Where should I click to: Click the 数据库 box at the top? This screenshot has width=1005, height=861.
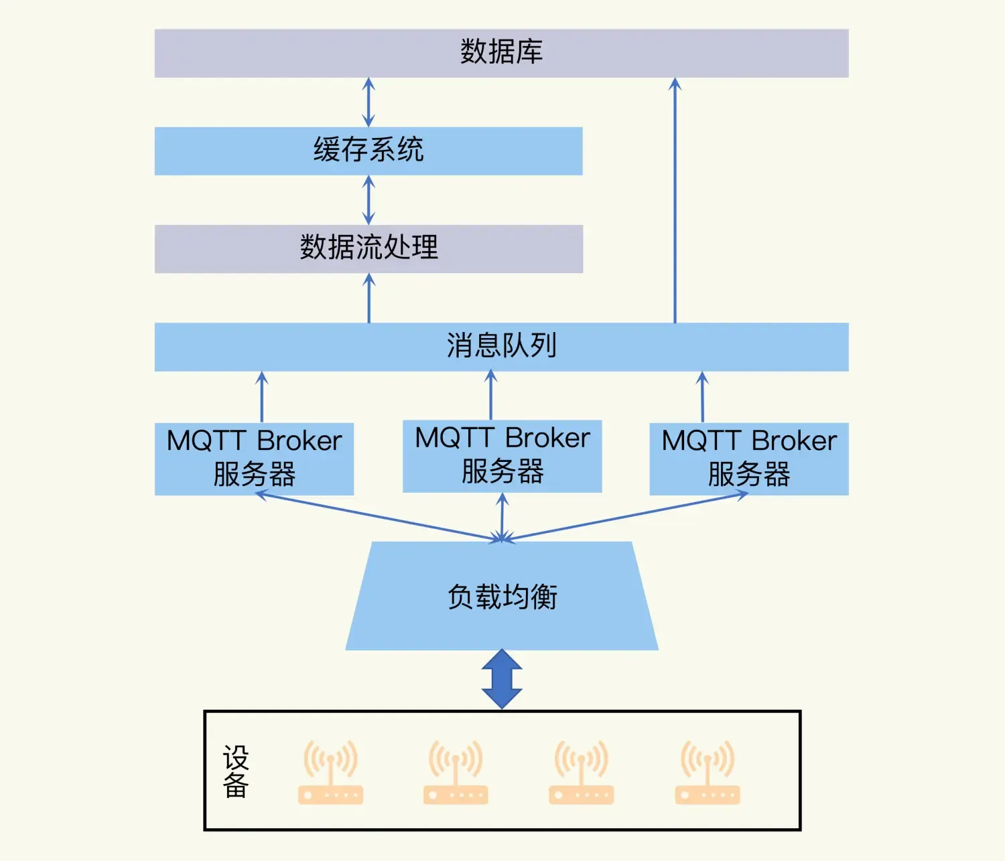click(501, 53)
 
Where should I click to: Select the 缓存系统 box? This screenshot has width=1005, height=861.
click(368, 151)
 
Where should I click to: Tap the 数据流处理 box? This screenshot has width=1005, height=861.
click(368, 248)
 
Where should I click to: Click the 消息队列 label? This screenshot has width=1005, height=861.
click(501, 346)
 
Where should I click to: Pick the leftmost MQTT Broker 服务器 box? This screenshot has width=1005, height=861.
click(254, 459)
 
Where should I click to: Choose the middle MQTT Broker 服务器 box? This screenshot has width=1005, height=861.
click(502, 456)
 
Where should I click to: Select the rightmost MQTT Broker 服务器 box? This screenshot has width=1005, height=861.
click(749, 459)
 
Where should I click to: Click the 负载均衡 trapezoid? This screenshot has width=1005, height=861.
click(502, 596)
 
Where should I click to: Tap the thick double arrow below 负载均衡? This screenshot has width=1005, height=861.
click(502, 679)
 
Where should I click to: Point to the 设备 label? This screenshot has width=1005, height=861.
click(236, 771)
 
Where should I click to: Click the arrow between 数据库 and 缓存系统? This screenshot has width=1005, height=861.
click(368, 102)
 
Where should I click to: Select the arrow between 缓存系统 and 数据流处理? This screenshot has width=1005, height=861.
click(368, 200)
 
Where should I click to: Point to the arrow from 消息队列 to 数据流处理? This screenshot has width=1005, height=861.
click(369, 299)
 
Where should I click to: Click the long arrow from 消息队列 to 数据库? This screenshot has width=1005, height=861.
click(675, 201)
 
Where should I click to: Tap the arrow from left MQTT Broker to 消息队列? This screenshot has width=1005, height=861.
click(262, 397)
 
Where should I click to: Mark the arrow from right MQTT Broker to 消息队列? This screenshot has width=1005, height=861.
click(702, 397)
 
